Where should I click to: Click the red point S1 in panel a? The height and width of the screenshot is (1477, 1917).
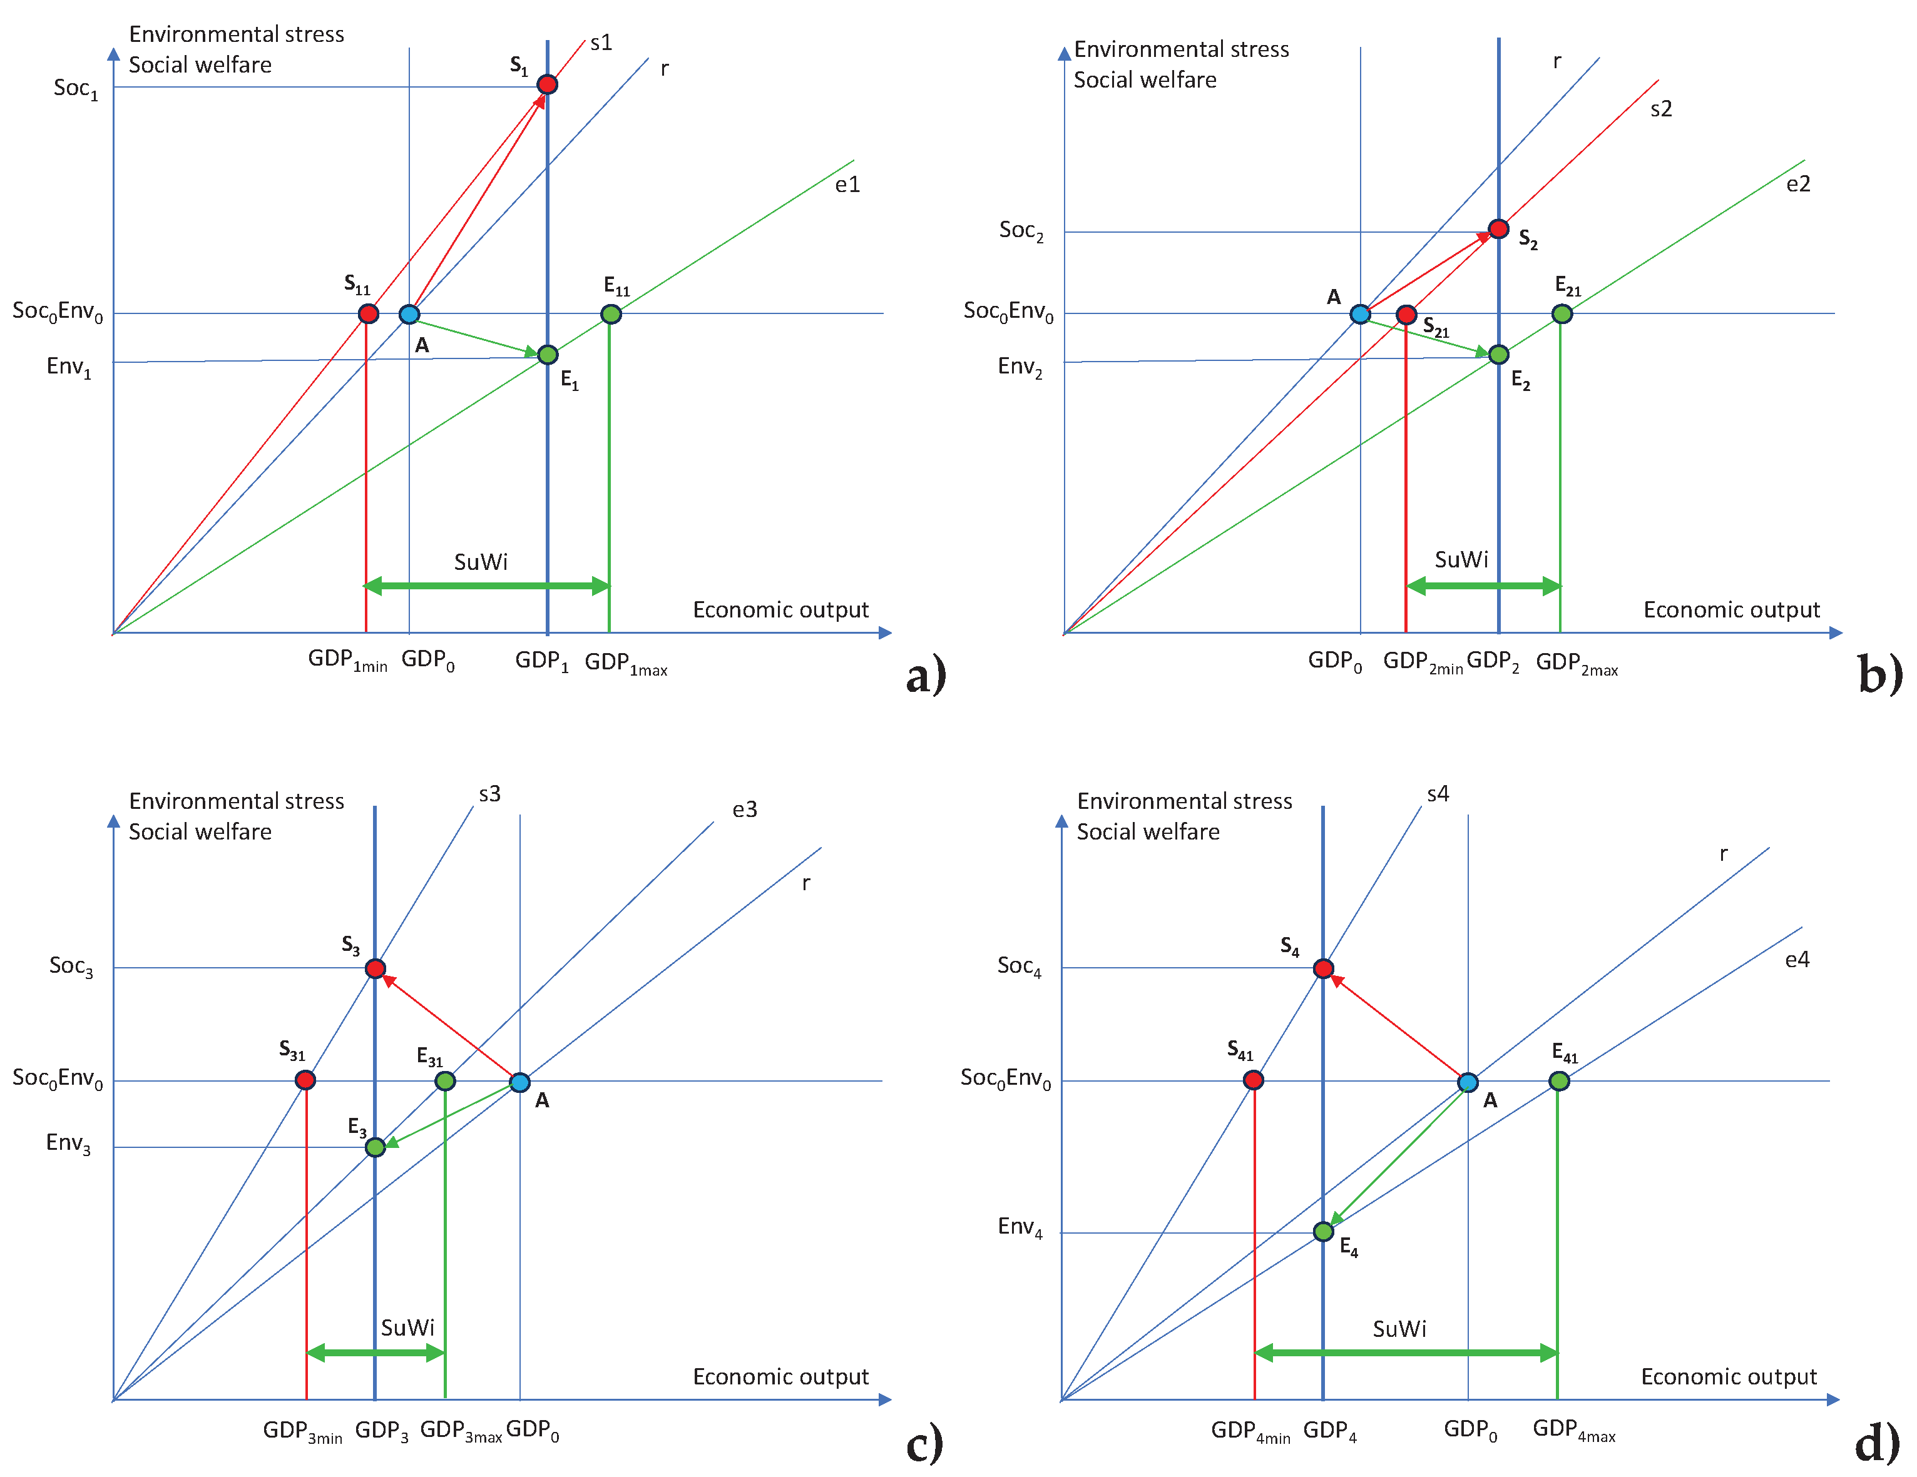point(547,84)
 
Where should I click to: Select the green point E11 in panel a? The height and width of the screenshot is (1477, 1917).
point(611,313)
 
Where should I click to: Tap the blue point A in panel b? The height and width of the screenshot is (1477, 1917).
point(1359,313)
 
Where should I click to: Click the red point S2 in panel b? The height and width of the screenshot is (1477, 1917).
point(1498,229)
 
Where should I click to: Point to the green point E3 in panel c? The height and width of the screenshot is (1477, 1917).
point(375,1147)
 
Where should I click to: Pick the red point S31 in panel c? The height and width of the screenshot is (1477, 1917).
point(305,1080)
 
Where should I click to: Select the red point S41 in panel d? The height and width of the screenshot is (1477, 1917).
point(1254,1080)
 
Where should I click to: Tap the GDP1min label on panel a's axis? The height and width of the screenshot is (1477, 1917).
point(347,661)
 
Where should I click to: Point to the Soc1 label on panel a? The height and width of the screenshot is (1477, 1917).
point(76,89)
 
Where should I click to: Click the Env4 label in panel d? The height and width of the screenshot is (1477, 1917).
point(1020,1227)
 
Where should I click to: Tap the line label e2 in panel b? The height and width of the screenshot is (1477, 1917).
point(1797,183)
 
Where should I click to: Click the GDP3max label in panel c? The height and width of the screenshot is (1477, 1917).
point(461,1431)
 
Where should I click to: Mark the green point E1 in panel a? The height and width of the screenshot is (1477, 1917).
point(547,355)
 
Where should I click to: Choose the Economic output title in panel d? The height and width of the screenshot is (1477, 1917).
point(1728,1377)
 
